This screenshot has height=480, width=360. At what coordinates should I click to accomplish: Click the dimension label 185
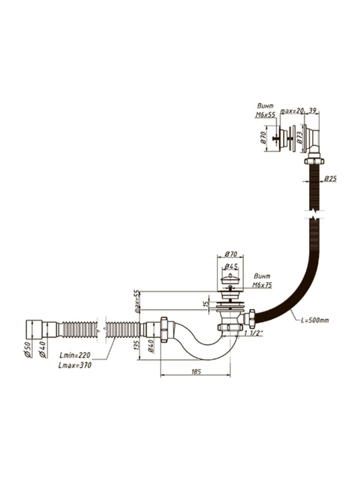coord(196,372)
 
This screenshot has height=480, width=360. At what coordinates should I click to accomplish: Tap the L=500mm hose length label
coord(315,320)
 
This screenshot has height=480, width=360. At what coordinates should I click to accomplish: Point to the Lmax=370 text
coord(75,365)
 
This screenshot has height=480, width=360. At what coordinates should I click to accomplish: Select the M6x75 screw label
coord(262,285)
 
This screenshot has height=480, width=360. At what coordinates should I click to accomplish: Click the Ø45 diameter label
coord(229,267)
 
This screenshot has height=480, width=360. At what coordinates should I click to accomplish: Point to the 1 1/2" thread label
coord(253,333)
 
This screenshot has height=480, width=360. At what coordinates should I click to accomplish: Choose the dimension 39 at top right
coord(312,110)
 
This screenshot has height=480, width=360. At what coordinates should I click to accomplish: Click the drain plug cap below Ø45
coord(229,279)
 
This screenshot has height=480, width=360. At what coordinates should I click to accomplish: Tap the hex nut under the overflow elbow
coord(313,161)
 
